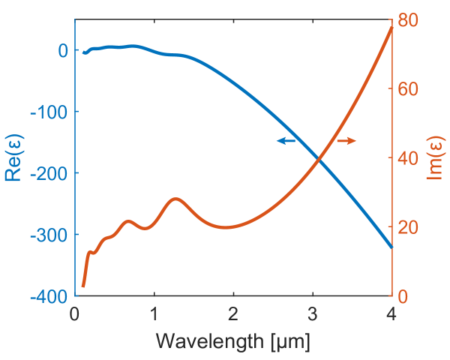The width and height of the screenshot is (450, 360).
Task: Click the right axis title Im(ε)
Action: pos(433,158)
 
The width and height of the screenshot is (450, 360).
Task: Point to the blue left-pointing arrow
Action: pos(286,141)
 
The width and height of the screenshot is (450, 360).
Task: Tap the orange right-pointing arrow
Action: pos(346,141)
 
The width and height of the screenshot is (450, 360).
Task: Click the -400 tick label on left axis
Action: pos(49,296)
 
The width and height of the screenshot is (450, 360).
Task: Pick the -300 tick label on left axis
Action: pos(49,235)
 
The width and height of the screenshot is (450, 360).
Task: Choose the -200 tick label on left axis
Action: pos(49,173)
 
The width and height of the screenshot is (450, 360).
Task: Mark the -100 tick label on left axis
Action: pos(49,112)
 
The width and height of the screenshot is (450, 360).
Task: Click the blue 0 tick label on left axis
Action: pos(63,50)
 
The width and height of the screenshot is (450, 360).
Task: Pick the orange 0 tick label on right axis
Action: pos(402,296)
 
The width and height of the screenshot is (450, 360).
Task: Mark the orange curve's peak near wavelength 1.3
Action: pos(176,199)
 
